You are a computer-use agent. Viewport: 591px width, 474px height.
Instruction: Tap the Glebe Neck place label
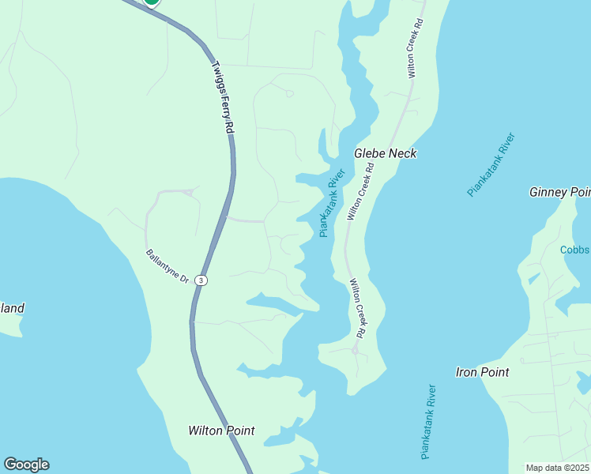pos(386,153)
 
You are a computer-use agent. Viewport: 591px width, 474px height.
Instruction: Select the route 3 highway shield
pos(201,280)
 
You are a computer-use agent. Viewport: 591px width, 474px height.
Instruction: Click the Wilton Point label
pos(221,431)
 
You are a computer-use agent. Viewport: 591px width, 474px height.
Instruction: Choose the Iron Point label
pos(482,371)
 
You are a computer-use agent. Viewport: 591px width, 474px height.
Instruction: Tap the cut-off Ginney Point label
pos(559,192)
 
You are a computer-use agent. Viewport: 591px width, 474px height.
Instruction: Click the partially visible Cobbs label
pos(575,250)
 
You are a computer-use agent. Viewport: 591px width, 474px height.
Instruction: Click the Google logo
pos(26,465)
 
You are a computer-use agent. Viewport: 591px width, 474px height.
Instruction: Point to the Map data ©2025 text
pos(557,468)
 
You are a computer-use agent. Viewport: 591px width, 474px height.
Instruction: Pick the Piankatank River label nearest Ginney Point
pos(491,165)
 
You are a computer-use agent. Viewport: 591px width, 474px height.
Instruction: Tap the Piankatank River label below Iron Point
pos(428,422)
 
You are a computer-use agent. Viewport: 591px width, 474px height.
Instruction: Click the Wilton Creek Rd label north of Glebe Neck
pos(412,47)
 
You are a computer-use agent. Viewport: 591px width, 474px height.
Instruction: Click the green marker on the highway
pos(151,2)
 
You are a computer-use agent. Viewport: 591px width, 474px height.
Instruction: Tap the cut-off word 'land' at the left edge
pos(12,308)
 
